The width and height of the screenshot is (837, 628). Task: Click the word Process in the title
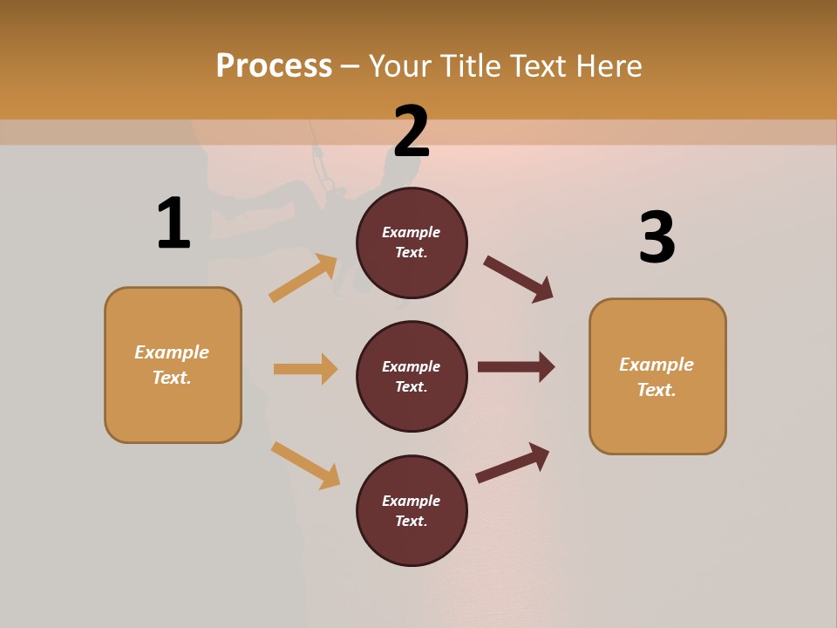click(274, 66)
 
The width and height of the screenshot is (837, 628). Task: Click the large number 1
click(173, 223)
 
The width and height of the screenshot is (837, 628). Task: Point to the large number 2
click(411, 132)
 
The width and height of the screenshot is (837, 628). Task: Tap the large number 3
click(657, 237)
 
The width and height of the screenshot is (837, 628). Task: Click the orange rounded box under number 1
click(173, 365)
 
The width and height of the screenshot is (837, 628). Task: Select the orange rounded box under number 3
click(657, 376)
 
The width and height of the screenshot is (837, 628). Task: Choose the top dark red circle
click(412, 242)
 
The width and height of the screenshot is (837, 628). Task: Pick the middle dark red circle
click(412, 376)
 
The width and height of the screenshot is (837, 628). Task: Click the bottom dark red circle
click(412, 510)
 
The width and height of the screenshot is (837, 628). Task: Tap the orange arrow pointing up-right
click(303, 278)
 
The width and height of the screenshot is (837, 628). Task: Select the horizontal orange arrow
click(305, 369)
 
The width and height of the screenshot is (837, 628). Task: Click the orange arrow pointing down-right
click(305, 466)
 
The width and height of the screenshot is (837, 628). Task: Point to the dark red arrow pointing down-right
click(519, 279)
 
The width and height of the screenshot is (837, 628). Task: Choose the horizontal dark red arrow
click(516, 366)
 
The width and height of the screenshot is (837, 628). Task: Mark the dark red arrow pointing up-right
click(513, 462)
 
